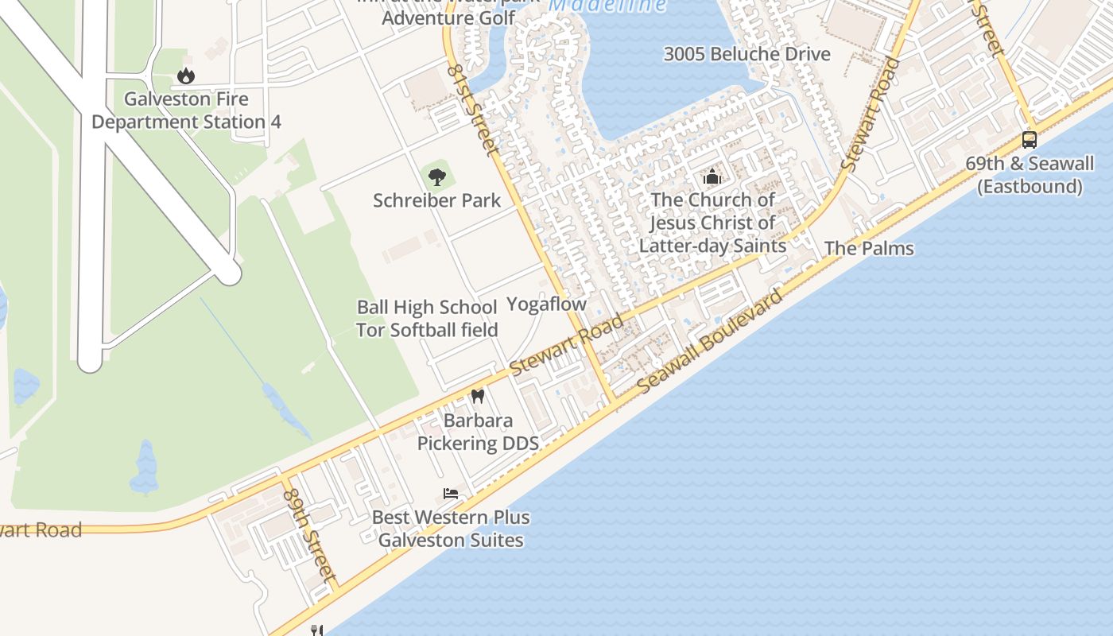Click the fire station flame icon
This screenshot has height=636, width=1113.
[186, 76]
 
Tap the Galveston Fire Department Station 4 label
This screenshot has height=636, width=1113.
[187, 111]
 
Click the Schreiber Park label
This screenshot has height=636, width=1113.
[437, 200]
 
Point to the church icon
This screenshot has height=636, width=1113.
[712, 176]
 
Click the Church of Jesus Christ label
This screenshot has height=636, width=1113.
[713, 223]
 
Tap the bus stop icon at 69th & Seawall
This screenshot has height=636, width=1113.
[1030, 140]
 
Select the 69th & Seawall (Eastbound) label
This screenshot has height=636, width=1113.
[1030, 175]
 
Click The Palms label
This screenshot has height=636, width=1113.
[869, 248]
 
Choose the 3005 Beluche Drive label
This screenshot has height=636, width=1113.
[747, 54]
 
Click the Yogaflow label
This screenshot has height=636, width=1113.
[546, 304]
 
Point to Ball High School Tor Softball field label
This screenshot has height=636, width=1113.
[427, 318]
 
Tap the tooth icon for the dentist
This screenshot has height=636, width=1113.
[477, 395]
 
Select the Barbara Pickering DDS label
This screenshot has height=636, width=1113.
[478, 432]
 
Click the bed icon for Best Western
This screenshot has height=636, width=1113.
[451, 493]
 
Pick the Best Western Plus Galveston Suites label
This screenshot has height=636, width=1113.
[451, 529]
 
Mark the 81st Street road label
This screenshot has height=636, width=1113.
[471, 110]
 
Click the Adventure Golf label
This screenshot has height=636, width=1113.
[448, 17]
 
